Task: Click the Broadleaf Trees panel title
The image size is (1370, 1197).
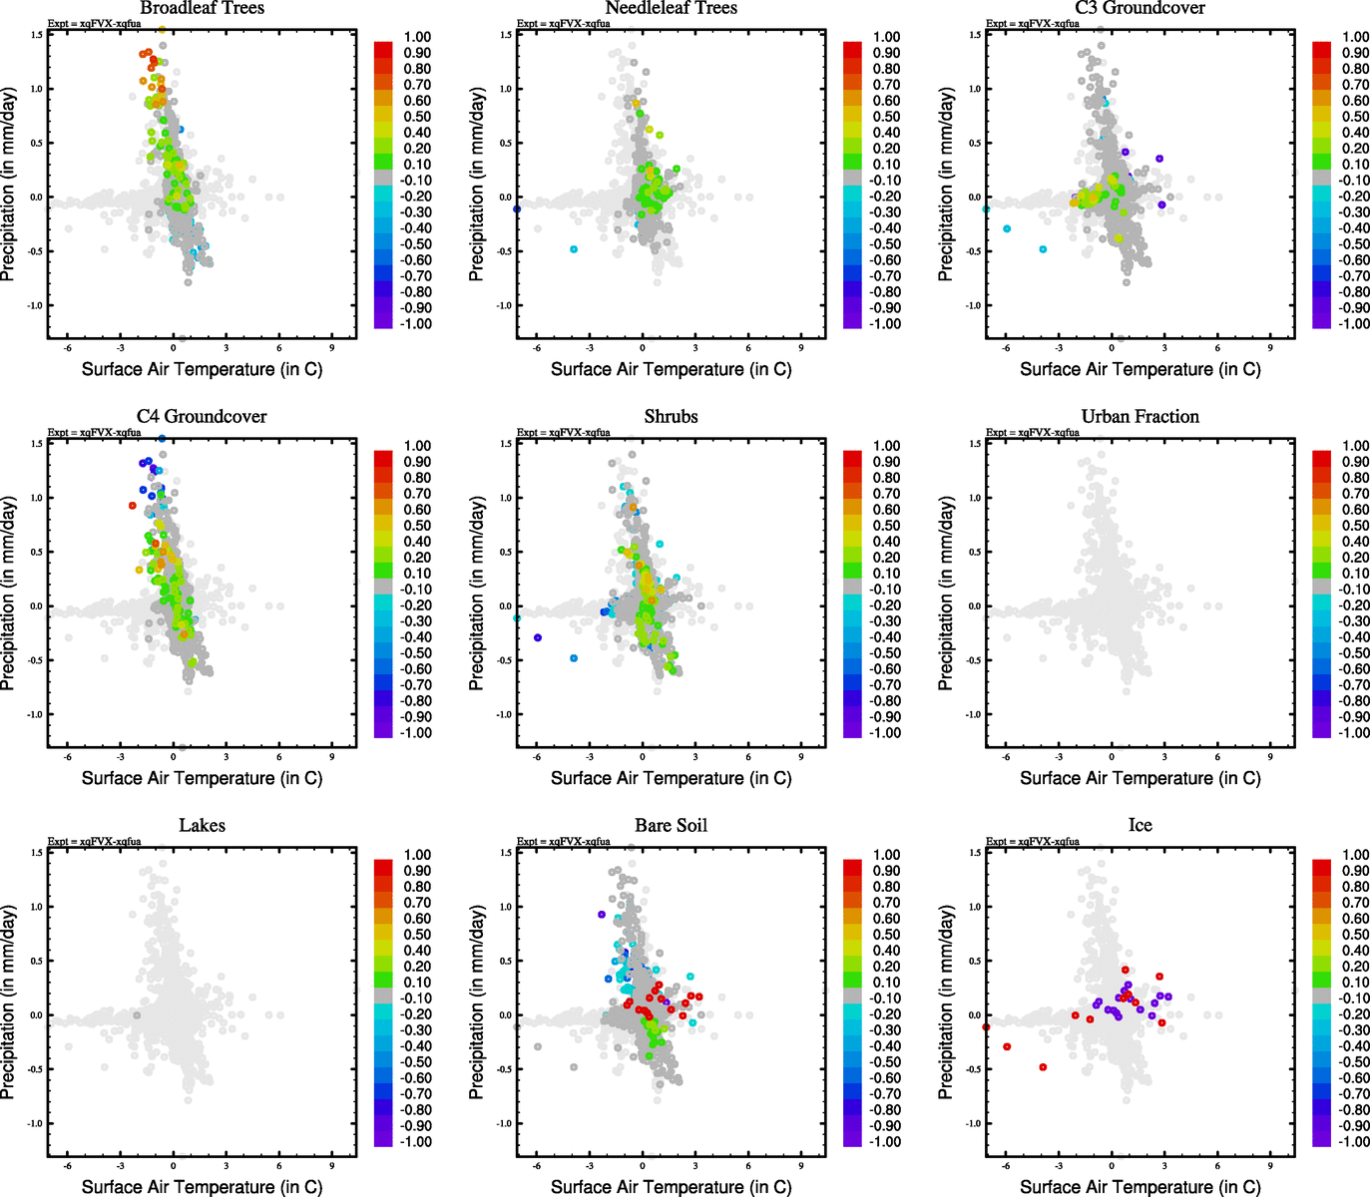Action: coord(202,8)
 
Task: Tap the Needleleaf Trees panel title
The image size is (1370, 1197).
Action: coord(671,8)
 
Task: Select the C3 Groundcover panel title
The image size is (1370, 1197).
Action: coord(1140,8)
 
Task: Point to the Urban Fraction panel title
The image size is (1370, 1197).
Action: coord(1140,417)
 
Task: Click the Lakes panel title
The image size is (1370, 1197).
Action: coord(202,826)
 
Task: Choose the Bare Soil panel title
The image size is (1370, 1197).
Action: coord(671,826)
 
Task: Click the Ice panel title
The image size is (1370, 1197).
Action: coord(1140,826)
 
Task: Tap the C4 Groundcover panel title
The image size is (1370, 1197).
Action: coord(202,417)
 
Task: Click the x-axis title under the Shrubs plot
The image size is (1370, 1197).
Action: coord(671,778)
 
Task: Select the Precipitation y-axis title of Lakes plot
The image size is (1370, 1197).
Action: coord(9,1002)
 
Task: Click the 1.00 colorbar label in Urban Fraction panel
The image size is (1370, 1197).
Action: coord(1355,446)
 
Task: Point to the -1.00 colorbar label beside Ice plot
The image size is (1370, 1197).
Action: coord(1353,1142)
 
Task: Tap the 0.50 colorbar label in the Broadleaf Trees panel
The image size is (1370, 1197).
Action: coord(417,117)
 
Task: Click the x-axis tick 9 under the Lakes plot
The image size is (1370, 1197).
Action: coord(331,1165)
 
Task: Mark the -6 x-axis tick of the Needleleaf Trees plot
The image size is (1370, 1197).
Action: coord(536,348)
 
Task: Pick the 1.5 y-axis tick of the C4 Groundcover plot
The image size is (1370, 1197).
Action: coord(36,444)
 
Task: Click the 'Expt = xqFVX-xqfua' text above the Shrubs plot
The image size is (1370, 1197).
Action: coord(563,433)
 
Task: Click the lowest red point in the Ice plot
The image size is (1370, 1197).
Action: coord(1043,1067)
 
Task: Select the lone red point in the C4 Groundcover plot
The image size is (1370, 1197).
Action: coord(132,506)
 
